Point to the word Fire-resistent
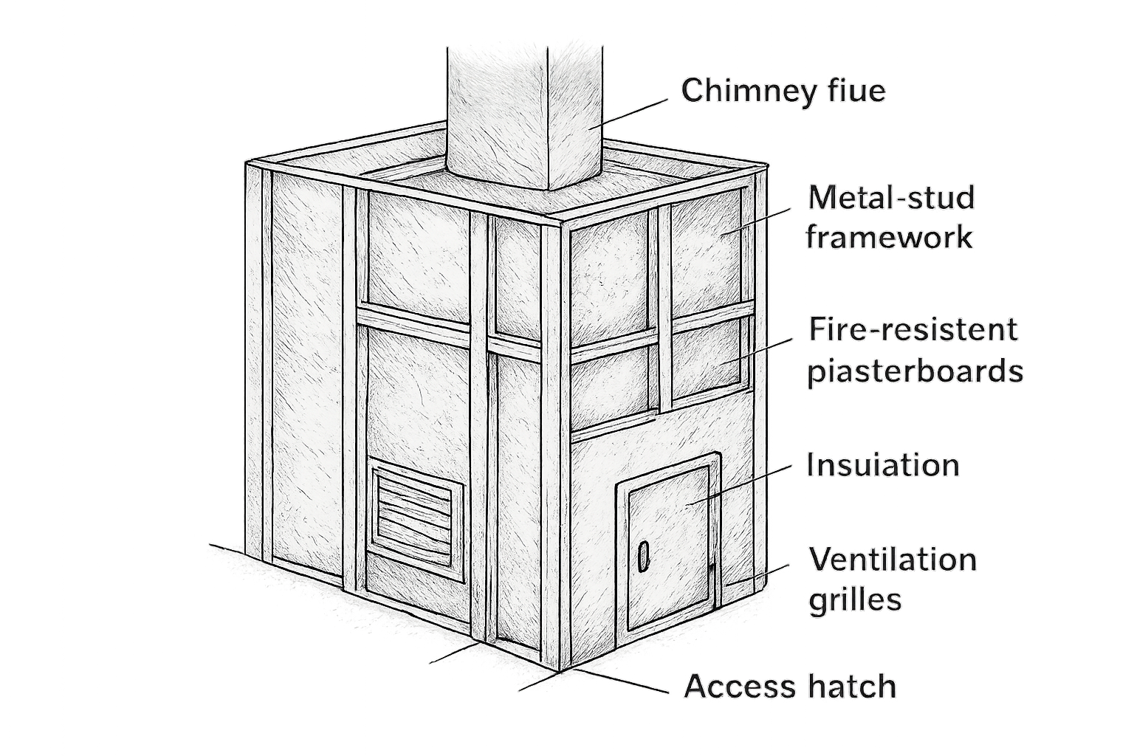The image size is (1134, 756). (913, 329)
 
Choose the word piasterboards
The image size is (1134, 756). (915, 371)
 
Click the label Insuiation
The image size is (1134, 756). (883, 464)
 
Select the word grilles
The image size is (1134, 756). (855, 600)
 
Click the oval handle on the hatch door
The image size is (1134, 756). (644, 556)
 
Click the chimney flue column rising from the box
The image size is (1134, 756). (525, 119)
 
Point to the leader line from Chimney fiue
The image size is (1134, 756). (628, 114)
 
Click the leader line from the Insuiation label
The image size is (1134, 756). (739, 486)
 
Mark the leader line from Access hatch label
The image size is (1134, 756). (620, 681)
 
